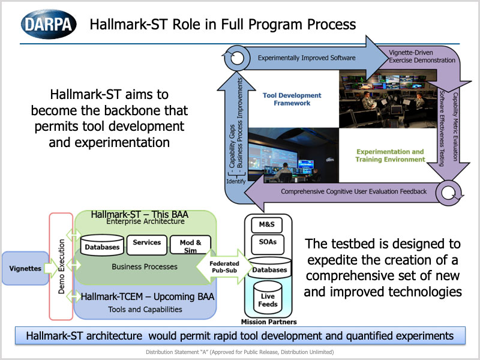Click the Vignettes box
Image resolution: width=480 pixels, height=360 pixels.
(25, 268)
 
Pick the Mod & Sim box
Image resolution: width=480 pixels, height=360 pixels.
(191, 245)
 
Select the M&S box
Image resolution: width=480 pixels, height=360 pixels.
(266, 225)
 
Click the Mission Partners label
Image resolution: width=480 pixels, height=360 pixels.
(268, 322)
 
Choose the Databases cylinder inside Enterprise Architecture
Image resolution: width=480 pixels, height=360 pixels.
(101, 246)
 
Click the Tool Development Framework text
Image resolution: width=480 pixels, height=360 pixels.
(292, 99)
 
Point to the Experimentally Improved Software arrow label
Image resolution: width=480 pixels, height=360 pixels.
(307, 58)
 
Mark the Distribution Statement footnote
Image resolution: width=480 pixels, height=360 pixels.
(239, 352)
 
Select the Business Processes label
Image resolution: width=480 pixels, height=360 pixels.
(145, 266)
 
